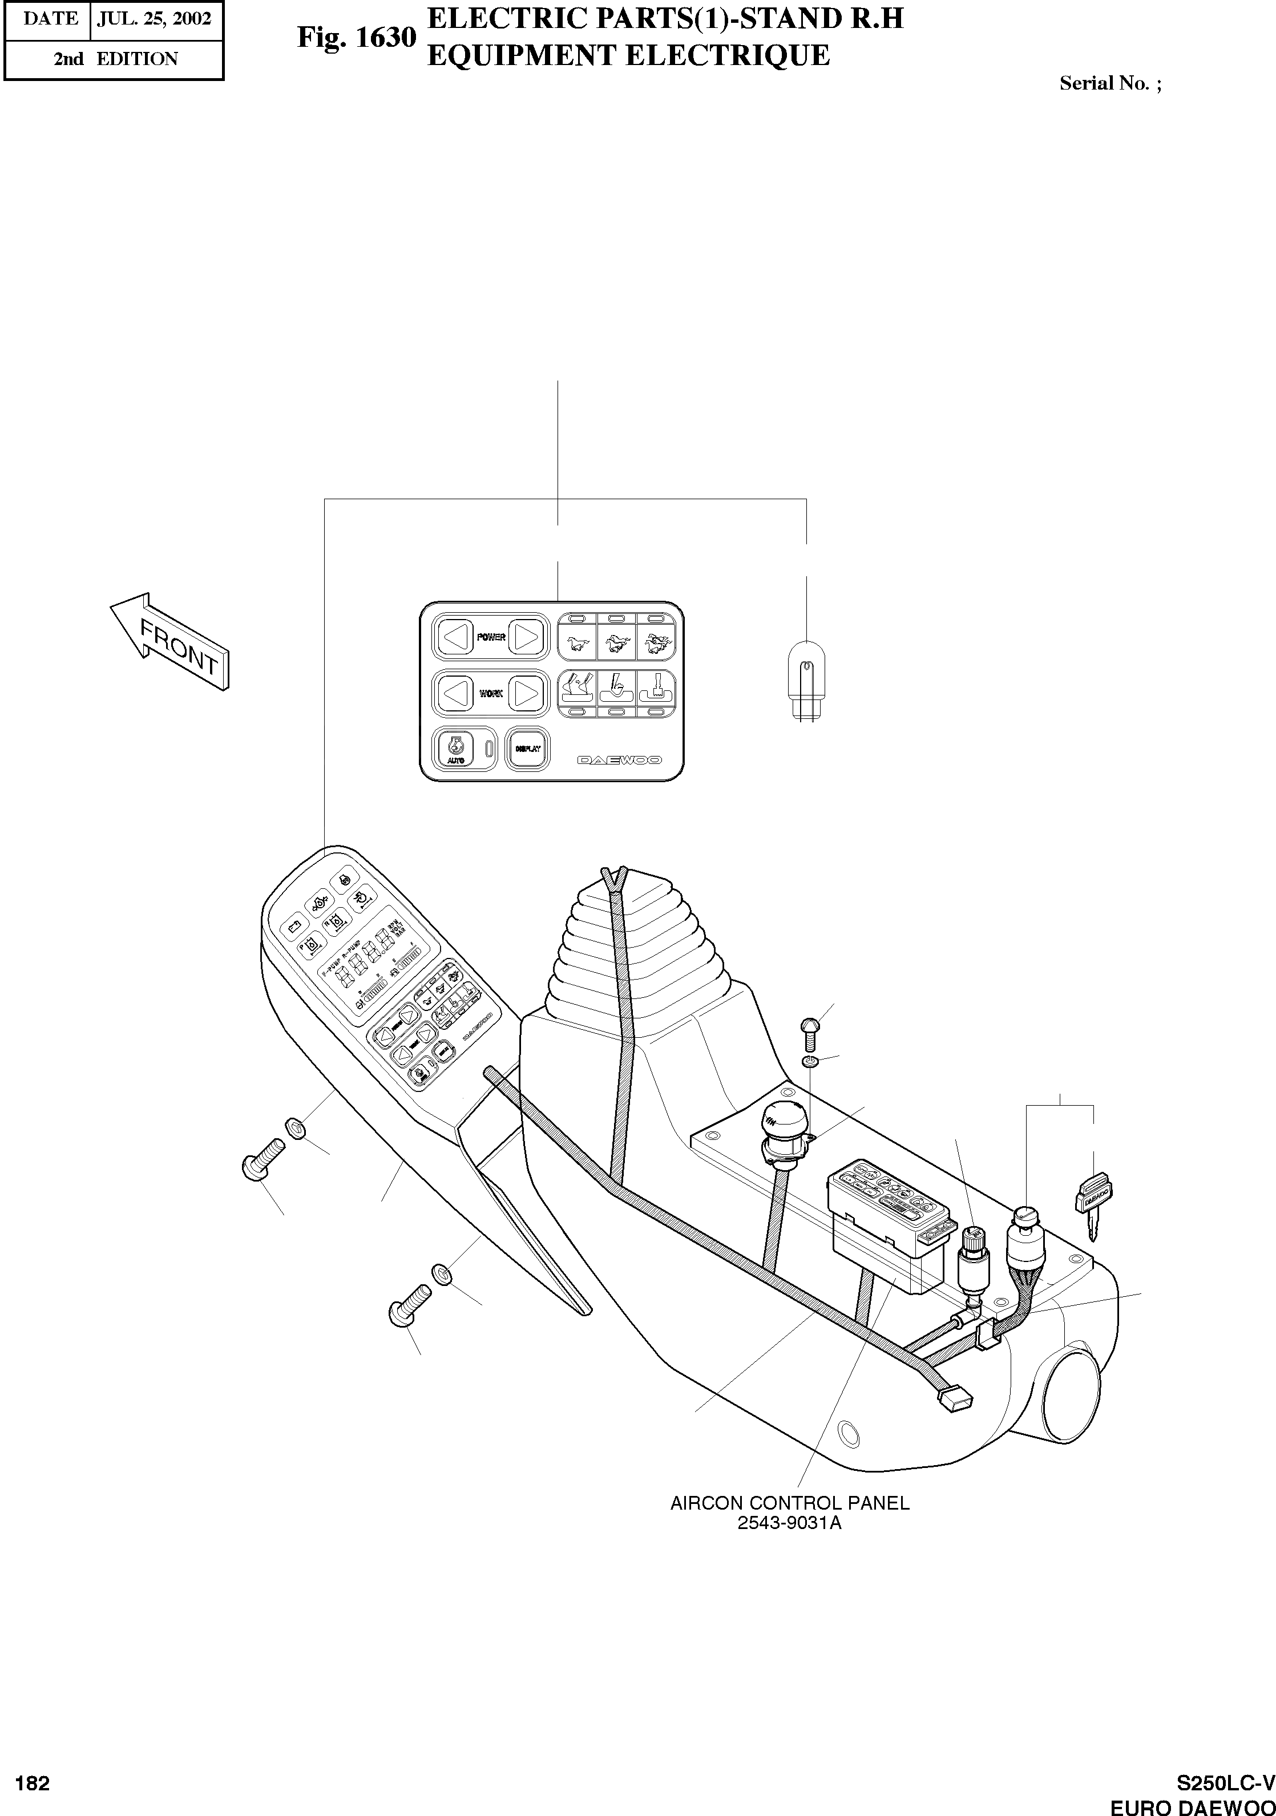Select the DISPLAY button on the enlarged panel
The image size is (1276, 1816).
527,748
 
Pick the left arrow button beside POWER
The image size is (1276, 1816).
454,637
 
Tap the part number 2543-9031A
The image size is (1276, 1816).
789,1523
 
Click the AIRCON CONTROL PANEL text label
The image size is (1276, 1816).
789,1503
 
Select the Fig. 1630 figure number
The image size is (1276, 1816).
356,37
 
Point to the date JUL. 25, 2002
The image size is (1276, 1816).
154,19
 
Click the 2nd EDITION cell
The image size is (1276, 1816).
115,59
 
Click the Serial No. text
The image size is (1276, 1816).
1110,83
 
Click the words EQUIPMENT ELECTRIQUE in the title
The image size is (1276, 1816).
628,56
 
